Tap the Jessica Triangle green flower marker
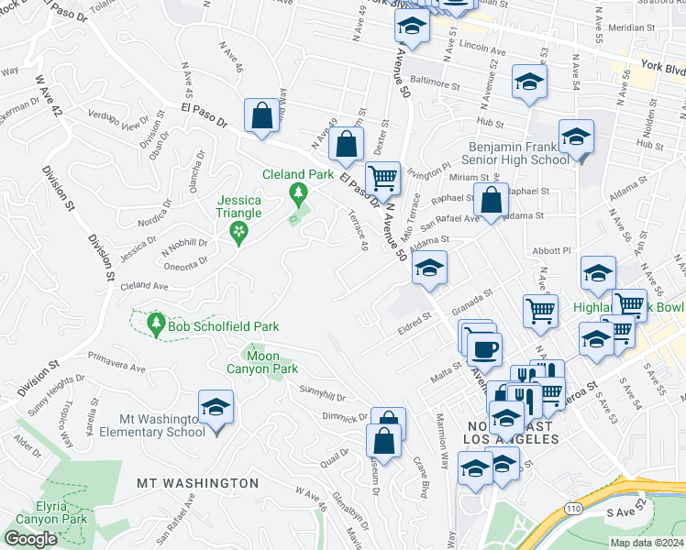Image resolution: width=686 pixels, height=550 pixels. pyautogui.click(x=239, y=232)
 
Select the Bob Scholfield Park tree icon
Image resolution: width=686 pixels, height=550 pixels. pyautogui.click(x=156, y=325)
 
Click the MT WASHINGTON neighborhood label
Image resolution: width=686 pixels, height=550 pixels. pyautogui.click(x=197, y=482)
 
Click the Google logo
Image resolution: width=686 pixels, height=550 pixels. pyautogui.click(x=30, y=539)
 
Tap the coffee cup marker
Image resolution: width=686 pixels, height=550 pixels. pyautogui.click(x=484, y=349)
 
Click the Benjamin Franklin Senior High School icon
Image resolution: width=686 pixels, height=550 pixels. pyautogui.click(x=576, y=137)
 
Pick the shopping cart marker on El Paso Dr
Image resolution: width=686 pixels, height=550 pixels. pyautogui.click(x=382, y=176)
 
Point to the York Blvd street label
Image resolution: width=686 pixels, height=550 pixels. pyautogui.click(x=663, y=68)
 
